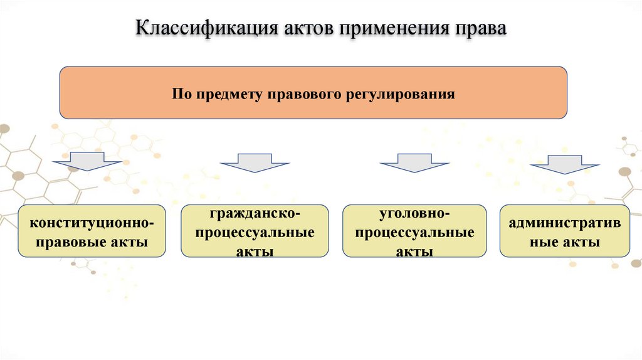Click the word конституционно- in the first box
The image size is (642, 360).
click(x=92, y=223)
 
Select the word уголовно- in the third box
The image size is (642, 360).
click(x=414, y=214)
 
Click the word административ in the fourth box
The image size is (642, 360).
click(x=564, y=223)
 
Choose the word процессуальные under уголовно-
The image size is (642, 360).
click(x=414, y=233)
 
